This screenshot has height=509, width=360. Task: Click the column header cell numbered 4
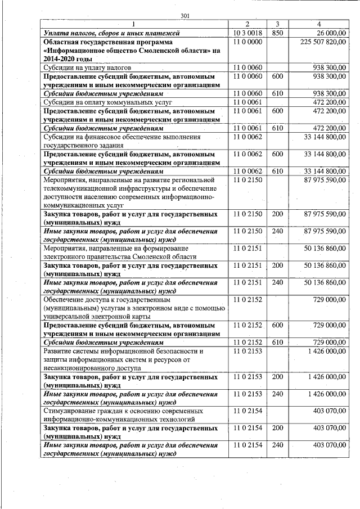click(319, 24)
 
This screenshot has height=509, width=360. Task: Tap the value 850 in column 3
click(277, 33)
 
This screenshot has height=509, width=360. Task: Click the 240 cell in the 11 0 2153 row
click(277, 394)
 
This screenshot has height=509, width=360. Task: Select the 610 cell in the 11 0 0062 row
click(277, 171)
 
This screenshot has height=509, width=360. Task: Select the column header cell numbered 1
click(133, 24)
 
